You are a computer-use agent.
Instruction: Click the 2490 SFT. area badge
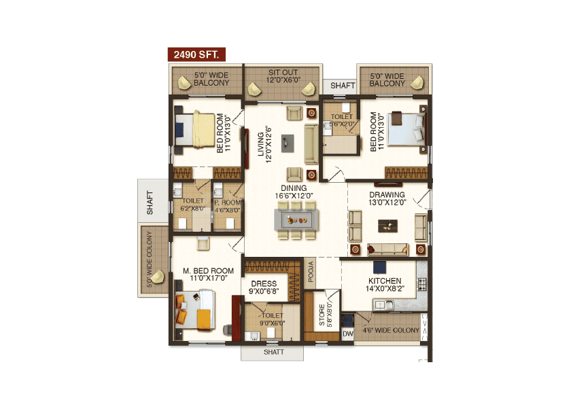(196, 54)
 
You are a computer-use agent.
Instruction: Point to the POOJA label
(310, 270)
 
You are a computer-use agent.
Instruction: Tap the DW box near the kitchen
(347, 334)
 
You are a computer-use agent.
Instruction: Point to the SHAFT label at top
(343, 86)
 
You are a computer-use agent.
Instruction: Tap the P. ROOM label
(228, 206)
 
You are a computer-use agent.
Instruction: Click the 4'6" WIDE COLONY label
(391, 330)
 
